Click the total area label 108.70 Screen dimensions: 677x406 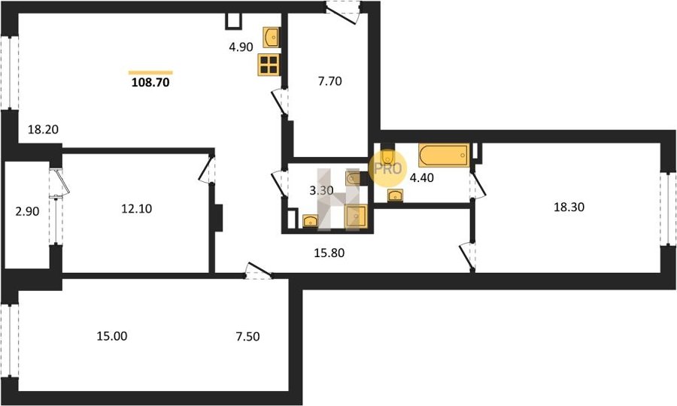point(150,82)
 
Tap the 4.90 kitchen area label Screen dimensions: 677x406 point(241,47)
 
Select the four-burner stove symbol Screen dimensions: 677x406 point(269,65)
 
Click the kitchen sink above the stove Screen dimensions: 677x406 point(271,38)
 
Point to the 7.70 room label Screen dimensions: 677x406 point(330,81)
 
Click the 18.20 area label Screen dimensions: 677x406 point(43,129)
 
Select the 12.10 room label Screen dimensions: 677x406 point(136,209)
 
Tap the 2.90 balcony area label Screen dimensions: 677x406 point(27,211)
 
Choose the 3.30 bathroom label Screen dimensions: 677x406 point(321,190)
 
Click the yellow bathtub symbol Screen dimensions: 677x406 point(444,156)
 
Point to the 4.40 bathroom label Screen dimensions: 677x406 point(421,177)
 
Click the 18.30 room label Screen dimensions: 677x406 point(569,207)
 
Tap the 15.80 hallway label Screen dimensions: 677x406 point(329,253)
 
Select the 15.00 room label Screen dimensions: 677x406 point(112,336)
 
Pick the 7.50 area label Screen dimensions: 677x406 point(247,336)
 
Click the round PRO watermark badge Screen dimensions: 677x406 point(387,168)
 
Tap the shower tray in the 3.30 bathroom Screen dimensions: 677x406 point(356,217)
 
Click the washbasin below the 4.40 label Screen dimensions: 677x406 point(395,195)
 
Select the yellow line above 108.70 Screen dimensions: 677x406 point(150,72)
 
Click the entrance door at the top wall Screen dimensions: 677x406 point(343,11)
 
